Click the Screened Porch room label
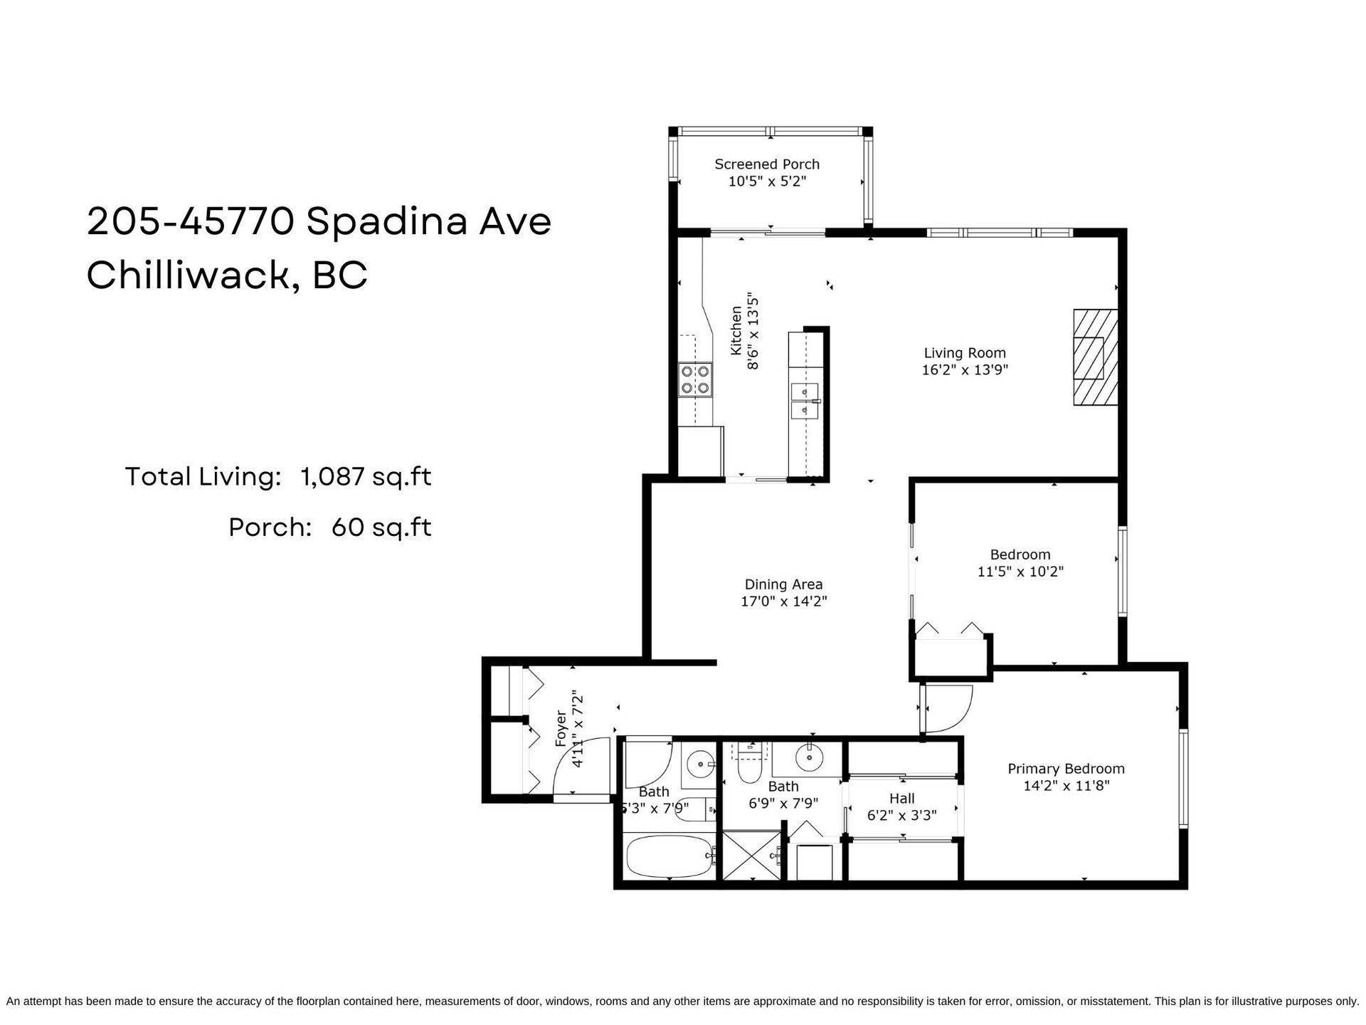(767, 164)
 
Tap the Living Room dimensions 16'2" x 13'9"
(965, 370)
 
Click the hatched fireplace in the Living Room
(1096, 357)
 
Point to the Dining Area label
(783, 584)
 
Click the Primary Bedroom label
(1066, 769)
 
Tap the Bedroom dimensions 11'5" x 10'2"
(1020, 572)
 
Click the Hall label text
(901, 799)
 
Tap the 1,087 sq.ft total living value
(366, 477)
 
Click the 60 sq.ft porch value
(381, 527)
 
